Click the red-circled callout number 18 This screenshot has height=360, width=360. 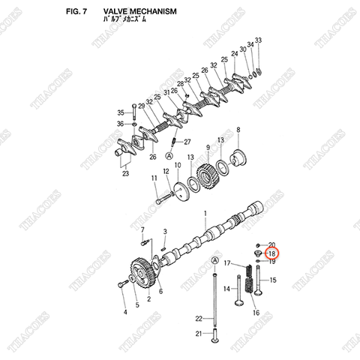[272, 254]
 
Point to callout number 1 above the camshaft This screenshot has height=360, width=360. [205, 212]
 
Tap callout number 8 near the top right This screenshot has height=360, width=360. [238, 130]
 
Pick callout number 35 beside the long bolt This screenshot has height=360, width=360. [120, 112]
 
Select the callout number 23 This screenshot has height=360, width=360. [125, 174]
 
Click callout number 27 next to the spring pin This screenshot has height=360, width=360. [187, 142]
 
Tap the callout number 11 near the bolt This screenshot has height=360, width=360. [154, 178]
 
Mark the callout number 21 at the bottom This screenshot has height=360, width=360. [199, 334]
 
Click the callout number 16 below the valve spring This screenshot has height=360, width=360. [256, 313]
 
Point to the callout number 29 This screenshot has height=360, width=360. [141, 107]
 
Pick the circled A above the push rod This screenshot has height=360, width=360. [216, 260]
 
